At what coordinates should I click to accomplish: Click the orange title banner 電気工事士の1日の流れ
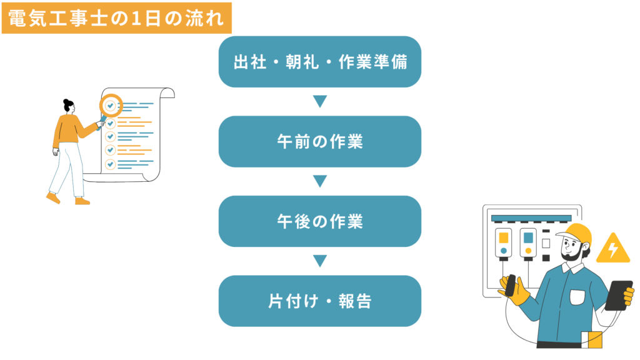[x=117, y=18]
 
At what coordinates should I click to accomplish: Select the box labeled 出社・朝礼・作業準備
[x=320, y=62]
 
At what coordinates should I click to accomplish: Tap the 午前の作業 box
[x=320, y=142]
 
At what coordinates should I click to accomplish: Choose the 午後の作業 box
[x=320, y=221]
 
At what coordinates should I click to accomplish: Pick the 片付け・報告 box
[x=320, y=301]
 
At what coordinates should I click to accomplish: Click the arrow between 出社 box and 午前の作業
[x=320, y=101]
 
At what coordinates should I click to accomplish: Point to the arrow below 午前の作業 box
[x=320, y=181]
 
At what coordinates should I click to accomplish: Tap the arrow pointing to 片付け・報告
[x=320, y=261]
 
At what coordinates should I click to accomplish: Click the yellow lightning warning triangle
[x=613, y=249]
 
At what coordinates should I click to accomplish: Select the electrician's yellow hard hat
[x=576, y=234]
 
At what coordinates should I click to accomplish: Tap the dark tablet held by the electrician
[x=619, y=296]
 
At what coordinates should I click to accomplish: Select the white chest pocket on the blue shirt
[x=577, y=297]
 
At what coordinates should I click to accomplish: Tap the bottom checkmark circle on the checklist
[x=110, y=164]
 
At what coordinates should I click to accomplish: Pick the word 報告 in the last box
[x=355, y=301]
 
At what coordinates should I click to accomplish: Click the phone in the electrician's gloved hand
[x=510, y=285]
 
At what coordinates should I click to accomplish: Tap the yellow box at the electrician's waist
[x=592, y=339]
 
